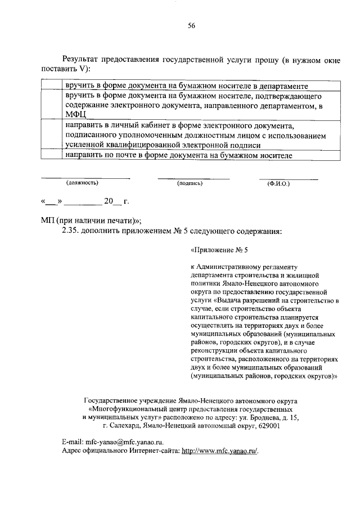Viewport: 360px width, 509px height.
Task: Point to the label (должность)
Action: pos(83,183)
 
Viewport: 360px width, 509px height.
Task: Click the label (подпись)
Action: pos(190,183)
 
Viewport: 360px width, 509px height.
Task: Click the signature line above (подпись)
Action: pos(193,178)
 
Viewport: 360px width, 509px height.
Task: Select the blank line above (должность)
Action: pos(85,178)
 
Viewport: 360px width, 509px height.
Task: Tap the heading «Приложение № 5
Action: pos(219,251)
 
